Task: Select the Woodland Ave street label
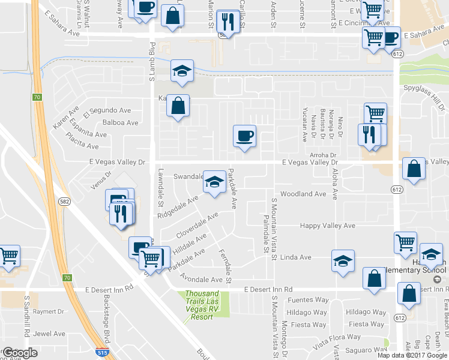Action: point(303,194)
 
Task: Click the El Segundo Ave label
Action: point(107,110)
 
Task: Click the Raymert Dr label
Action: point(49,311)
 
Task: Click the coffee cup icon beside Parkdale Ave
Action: point(244,136)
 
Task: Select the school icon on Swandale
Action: point(215,181)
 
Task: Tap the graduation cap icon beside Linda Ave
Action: point(343,261)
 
